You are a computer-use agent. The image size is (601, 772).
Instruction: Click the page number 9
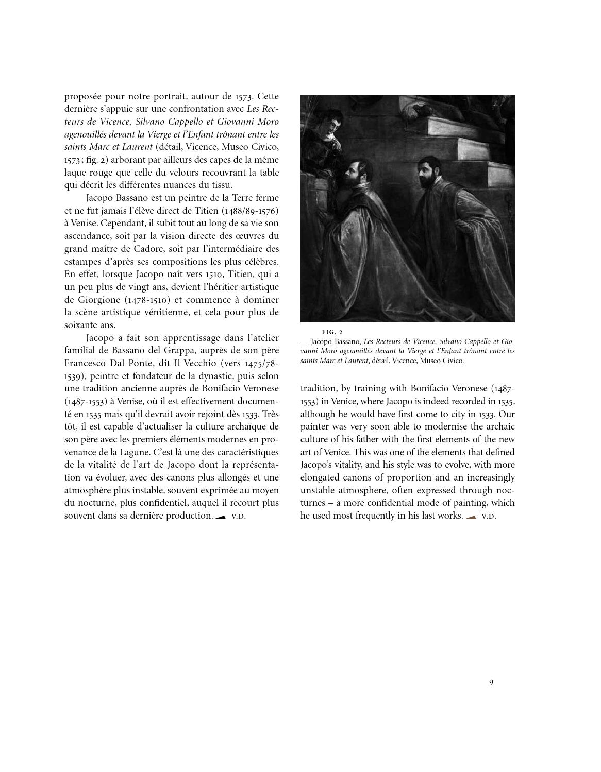491,683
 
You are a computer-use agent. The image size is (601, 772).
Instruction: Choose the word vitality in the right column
352,465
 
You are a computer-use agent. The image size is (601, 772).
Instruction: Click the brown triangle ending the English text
471,517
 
